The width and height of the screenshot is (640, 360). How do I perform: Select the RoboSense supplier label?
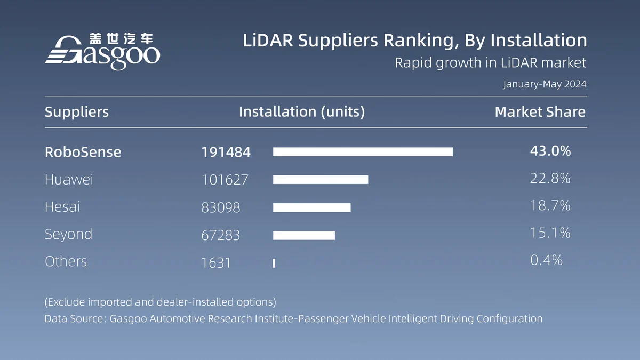point(83,152)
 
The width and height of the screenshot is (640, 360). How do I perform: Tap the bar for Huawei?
point(321,180)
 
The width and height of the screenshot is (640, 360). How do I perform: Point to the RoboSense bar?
point(363,152)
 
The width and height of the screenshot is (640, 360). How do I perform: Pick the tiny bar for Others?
point(274,263)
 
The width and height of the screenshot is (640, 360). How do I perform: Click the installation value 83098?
point(221,207)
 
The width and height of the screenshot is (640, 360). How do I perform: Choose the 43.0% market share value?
point(550,151)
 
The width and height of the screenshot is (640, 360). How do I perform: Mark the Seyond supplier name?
point(68,234)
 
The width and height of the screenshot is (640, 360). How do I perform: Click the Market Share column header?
point(540,112)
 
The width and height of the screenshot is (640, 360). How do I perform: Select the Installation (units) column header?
point(302,112)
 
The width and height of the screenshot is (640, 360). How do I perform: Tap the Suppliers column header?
point(77,112)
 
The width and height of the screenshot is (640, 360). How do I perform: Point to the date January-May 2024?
point(545,84)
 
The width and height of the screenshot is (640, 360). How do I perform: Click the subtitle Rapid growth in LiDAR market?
point(490,63)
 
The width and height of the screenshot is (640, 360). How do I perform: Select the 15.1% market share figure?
point(550,233)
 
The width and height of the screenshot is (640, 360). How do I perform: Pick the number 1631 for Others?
point(216,262)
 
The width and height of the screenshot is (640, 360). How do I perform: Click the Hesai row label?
point(62,207)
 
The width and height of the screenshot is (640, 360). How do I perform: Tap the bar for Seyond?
point(304,235)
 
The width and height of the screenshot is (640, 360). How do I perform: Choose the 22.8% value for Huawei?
point(550,179)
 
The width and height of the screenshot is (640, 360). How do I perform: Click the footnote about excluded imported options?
point(160,302)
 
